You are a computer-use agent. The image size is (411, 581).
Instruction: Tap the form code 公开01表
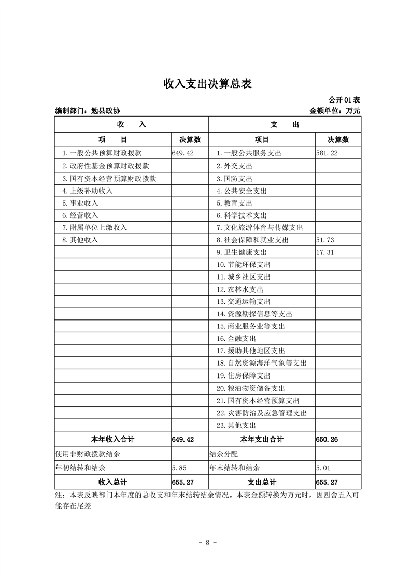point(344,99)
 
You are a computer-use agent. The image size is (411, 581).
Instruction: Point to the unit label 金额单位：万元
point(334,111)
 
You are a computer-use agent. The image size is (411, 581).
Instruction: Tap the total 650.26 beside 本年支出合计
point(327,439)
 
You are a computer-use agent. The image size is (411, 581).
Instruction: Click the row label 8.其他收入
point(80,240)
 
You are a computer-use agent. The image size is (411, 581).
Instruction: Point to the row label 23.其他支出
point(236,426)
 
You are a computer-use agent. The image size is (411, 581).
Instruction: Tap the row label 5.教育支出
point(234,203)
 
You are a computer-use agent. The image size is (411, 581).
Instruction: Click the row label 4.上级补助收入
point(87,191)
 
